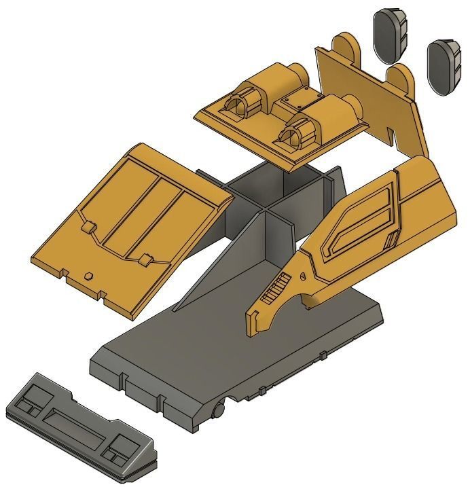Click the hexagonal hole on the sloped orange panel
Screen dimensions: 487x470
pos(89,276)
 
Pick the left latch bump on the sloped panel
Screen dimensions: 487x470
pos(87,226)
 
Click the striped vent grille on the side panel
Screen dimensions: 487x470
pos(273,291)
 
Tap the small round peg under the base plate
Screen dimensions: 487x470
pos(219,409)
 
